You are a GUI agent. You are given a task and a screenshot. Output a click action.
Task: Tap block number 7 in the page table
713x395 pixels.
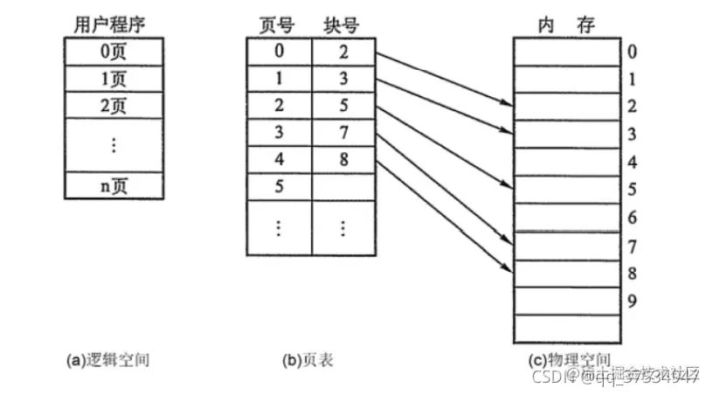coord(343,134)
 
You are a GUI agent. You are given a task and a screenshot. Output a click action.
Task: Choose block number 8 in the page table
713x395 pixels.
coord(343,160)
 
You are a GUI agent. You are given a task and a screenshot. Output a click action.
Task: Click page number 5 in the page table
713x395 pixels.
coord(278,185)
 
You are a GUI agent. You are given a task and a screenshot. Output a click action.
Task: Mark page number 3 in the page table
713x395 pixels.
coord(278,134)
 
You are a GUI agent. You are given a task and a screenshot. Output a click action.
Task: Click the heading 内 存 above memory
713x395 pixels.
coord(565,24)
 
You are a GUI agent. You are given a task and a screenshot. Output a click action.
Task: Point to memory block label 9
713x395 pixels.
coord(633,302)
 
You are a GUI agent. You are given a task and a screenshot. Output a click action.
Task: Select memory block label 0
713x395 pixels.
coord(633,52)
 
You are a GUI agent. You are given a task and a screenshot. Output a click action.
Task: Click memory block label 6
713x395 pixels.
coord(633,218)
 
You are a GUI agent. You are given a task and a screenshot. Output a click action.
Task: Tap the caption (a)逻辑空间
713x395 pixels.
coord(108,359)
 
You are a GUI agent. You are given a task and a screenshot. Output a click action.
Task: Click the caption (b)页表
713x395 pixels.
coord(307,359)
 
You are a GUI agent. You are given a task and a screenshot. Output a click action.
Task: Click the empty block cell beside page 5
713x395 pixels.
coord(343,185)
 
